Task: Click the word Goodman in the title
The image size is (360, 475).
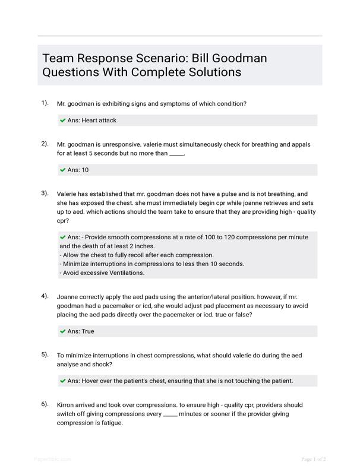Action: coord(237,58)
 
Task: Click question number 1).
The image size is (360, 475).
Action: coord(45,103)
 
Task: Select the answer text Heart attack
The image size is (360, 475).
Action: coord(99,121)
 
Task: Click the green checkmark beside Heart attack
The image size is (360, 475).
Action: coord(62,121)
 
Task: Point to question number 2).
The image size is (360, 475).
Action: coord(45,144)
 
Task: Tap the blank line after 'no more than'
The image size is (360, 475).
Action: coord(176,154)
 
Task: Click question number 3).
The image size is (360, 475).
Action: coord(45,193)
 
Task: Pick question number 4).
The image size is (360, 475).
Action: coord(45,296)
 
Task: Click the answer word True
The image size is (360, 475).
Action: coord(88,331)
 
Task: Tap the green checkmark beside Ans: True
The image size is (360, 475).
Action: coord(62,331)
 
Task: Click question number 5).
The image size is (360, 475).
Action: coord(45,354)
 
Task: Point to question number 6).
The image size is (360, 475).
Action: coord(45,404)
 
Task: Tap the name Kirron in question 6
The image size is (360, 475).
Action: coord(67,405)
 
